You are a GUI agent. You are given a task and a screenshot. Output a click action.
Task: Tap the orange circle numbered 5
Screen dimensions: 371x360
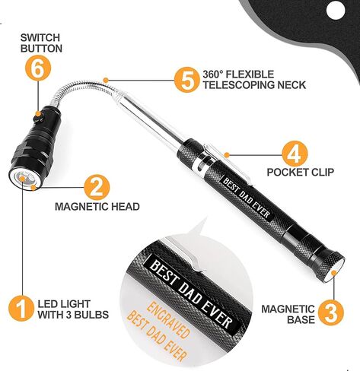tap(186, 81)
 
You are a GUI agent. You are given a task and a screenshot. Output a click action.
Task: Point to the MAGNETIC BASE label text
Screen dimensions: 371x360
tap(288, 314)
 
